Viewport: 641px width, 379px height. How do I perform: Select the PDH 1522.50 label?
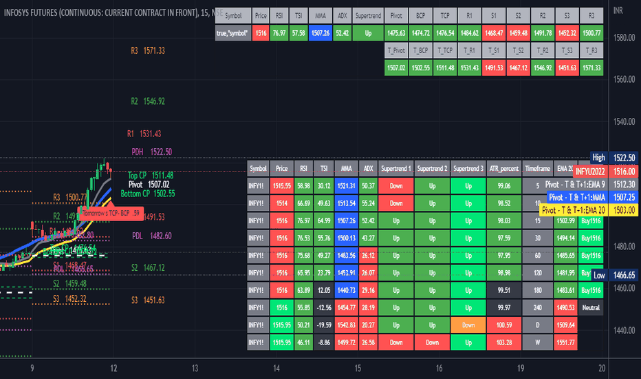click(x=152, y=152)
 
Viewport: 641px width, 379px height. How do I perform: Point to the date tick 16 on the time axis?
click(x=438, y=368)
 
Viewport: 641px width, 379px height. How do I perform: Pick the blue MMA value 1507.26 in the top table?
click(x=320, y=32)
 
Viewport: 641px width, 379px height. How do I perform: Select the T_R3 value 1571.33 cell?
click(x=591, y=68)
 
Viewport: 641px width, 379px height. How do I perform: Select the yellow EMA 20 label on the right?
click(x=573, y=209)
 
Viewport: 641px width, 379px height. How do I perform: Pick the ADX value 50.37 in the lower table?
click(x=368, y=186)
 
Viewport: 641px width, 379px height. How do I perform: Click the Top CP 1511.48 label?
click(x=151, y=175)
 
